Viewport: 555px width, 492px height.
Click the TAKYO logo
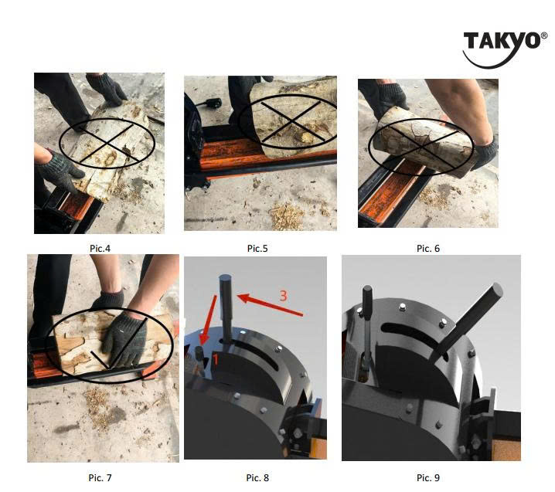coord(505,49)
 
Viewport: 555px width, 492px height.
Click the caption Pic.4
coord(100,248)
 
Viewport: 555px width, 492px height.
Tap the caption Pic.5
coord(257,248)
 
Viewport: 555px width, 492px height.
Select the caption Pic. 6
coord(428,248)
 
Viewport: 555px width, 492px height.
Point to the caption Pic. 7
coord(100,478)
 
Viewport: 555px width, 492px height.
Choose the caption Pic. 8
coord(257,478)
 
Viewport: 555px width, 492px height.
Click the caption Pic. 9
coord(428,478)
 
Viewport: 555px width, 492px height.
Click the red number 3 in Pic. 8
coord(283,296)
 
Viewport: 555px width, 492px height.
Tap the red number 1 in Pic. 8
coord(215,360)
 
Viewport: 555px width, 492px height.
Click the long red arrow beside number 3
coord(270,304)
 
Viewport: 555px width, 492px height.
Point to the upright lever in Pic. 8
coord(226,308)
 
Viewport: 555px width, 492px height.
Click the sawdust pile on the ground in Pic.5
coord(286,215)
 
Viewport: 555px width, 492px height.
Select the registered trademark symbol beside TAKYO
coord(544,36)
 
